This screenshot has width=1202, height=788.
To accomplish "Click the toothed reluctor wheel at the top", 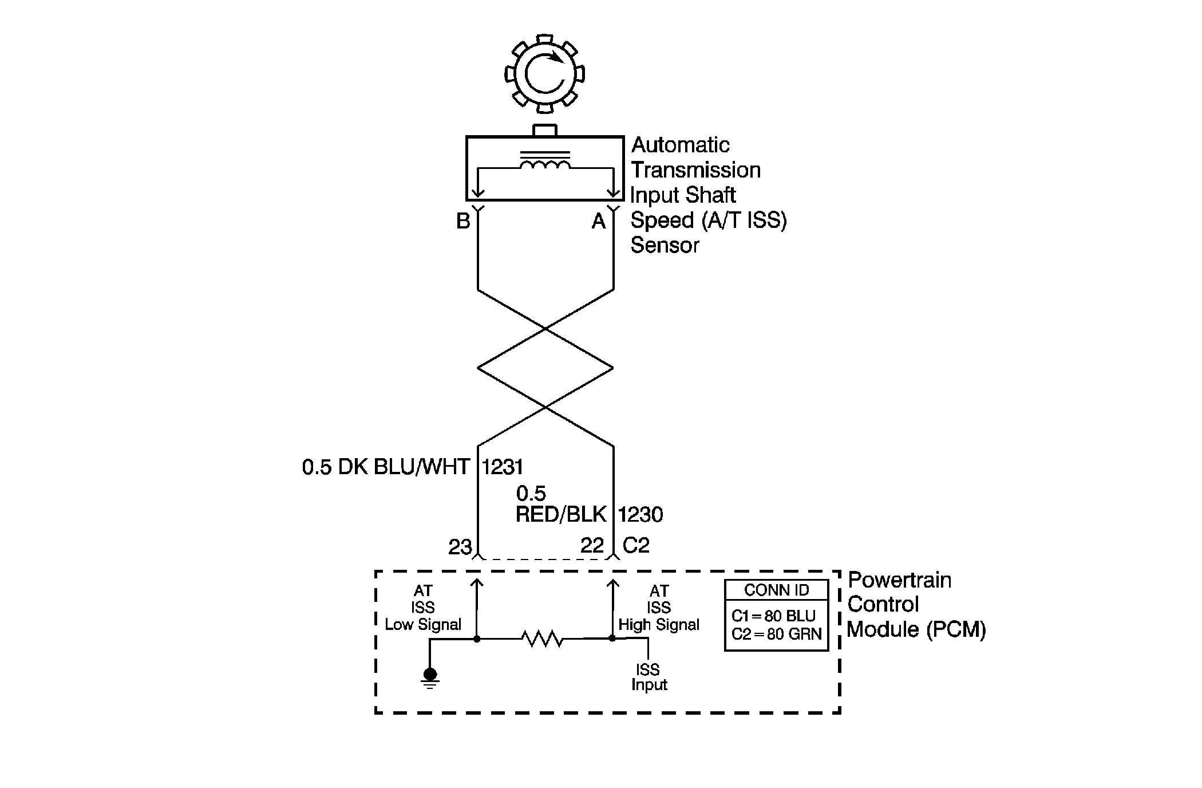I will [544, 73].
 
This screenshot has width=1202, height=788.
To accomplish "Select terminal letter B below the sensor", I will [463, 221].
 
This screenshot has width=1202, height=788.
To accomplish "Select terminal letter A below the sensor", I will [598, 221].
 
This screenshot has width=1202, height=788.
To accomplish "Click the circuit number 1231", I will [503, 467].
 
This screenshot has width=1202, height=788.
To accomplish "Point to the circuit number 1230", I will [640, 515].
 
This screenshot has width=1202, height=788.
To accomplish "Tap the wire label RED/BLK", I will [561, 515].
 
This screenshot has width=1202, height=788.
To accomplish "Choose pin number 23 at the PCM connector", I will [460, 547].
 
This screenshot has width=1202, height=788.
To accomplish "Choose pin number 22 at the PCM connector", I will [592, 545].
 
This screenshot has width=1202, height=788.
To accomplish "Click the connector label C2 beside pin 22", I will [636, 545].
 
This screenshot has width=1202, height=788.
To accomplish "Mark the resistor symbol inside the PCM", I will [543, 639].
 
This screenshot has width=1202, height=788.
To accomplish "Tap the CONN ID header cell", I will [776, 590].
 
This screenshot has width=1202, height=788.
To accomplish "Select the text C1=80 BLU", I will [773, 616].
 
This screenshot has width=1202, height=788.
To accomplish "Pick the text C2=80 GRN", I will [776, 634].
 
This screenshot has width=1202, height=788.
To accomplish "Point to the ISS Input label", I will [649, 677].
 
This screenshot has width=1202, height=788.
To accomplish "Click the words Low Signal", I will [423, 625].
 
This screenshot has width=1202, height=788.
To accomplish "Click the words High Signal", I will [659, 625].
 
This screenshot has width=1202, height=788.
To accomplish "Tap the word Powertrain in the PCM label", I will [899, 580].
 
